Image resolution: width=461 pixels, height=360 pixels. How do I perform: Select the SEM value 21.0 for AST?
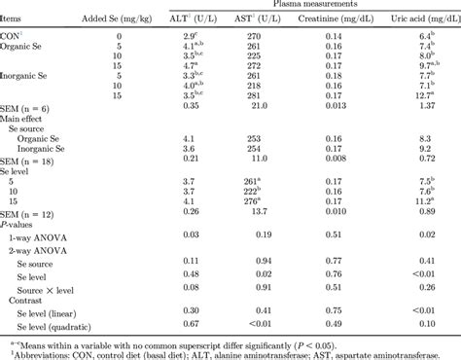(x=255, y=107)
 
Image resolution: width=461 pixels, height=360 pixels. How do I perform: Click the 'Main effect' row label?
(x=27, y=118)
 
